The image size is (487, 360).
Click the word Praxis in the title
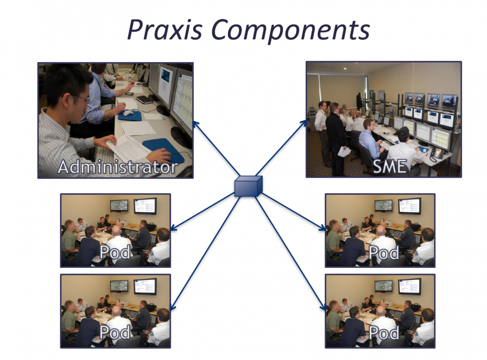coord(165,30)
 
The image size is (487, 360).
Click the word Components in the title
coord(291,31)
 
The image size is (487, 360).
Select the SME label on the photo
coord(389,166)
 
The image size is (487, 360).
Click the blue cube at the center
coord(248,186)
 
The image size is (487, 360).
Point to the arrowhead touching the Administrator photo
coord(196,124)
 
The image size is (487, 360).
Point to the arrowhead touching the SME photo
coord(304,123)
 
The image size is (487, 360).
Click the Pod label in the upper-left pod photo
coord(115,252)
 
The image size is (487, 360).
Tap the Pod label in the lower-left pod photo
coord(115,332)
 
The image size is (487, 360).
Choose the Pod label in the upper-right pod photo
coord(384,252)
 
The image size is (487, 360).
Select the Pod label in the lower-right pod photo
coord(384,332)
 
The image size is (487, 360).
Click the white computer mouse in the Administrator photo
coord(128,113)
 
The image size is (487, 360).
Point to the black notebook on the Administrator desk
coord(144,100)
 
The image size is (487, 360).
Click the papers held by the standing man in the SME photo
coord(344,152)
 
